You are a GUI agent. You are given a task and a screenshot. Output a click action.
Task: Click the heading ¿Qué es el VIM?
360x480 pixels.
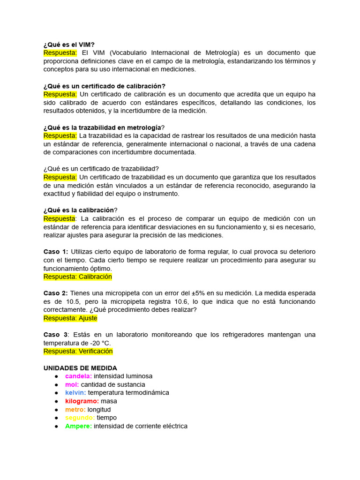[x=69, y=45]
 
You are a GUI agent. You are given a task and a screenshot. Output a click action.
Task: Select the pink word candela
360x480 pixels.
[x=78, y=376]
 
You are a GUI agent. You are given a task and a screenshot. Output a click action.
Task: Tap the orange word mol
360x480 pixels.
[x=72, y=384]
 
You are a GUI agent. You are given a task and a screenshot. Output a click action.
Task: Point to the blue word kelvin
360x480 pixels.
[x=75, y=392]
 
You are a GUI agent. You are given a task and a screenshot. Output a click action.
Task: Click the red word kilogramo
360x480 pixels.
[x=82, y=401]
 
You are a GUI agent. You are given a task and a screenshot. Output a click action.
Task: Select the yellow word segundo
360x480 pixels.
[x=80, y=418]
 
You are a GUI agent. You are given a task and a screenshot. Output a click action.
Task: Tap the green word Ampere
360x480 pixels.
[x=78, y=426]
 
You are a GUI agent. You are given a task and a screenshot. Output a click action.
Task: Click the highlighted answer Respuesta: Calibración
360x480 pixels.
[x=78, y=277]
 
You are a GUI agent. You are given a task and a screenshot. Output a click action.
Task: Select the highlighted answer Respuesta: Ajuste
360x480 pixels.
[x=70, y=318]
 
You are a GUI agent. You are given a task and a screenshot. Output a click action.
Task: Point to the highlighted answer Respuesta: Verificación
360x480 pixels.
[x=78, y=351]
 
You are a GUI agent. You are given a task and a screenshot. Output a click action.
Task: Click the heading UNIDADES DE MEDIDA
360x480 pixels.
[x=80, y=368]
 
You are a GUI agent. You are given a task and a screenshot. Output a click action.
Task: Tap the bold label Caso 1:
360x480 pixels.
[x=56, y=252]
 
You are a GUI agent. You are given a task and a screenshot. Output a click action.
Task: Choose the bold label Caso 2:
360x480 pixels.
[x=56, y=293]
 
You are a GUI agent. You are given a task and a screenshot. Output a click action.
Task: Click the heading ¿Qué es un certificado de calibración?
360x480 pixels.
[x=105, y=86]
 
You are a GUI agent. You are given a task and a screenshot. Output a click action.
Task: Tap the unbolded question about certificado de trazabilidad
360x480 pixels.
[x=101, y=169]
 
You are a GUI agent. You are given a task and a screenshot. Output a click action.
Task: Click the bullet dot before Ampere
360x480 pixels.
[x=56, y=426]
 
